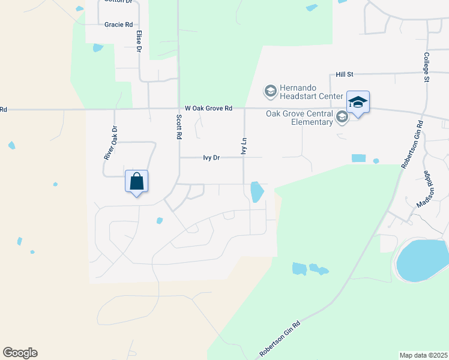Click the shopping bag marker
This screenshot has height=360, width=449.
click(137, 181)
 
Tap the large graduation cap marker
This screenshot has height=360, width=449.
click(358, 103)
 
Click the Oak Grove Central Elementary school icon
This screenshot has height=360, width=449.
click(342, 117)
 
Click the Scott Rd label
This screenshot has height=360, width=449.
click(178, 127)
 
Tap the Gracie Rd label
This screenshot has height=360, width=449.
click(118, 25)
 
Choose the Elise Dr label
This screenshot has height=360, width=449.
click(139, 42)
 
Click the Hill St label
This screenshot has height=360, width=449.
click(345, 74)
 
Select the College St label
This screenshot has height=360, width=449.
click(427, 67)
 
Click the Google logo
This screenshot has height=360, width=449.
click(20, 353)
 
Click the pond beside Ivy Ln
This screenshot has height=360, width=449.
click(256, 192)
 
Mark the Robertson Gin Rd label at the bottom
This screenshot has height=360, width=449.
click(279, 340)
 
